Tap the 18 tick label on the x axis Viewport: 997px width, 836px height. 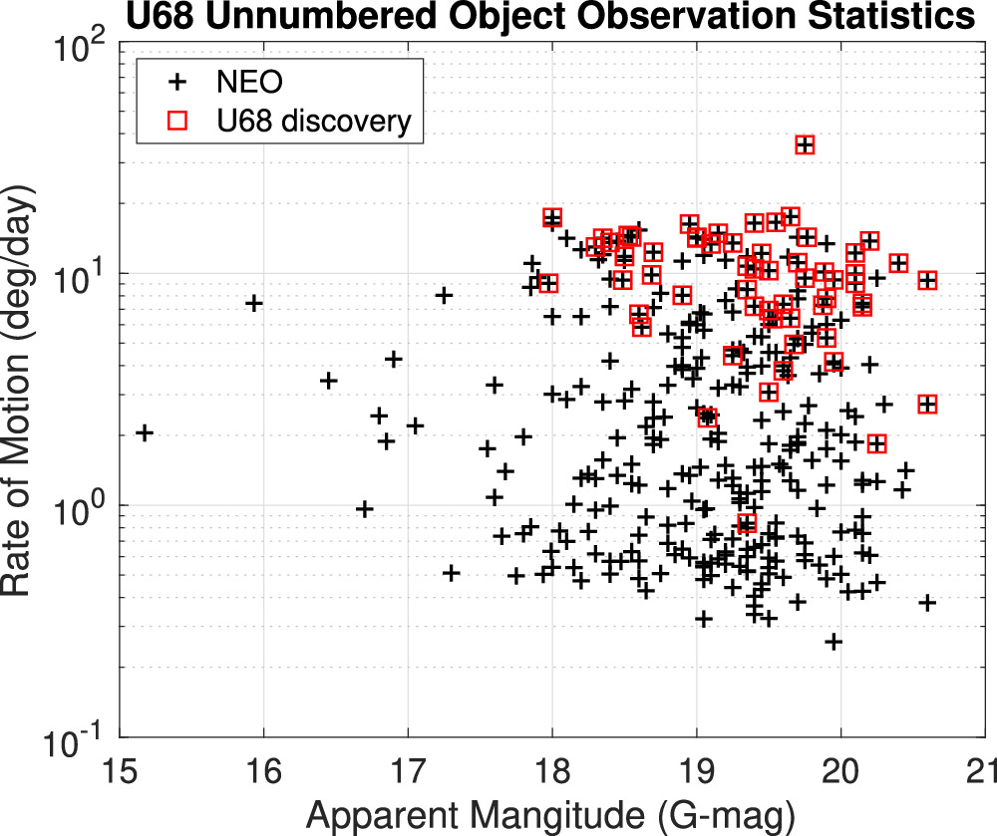(x=552, y=773)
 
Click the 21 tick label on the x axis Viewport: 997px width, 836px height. (x=983, y=773)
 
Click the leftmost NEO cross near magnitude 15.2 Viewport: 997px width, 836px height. (x=145, y=432)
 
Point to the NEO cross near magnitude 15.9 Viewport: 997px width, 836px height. (x=254, y=303)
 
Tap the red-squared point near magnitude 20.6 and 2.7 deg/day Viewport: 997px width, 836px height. (x=928, y=404)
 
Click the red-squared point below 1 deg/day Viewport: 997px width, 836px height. (x=747, y=523)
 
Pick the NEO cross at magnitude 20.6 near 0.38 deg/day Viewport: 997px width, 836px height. (x=927, y=602)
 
